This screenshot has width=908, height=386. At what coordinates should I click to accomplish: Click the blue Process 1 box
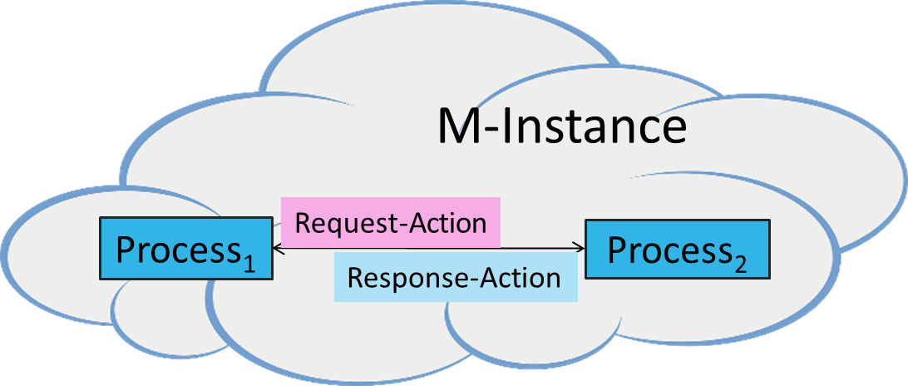pos(185,248)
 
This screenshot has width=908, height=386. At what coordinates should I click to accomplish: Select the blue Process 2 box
pos(678,248)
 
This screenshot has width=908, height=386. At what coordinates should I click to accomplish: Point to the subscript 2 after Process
pos(740,265)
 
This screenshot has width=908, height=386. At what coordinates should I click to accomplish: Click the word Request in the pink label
pos(337,223)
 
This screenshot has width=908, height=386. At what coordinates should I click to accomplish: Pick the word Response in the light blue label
pos(396,277)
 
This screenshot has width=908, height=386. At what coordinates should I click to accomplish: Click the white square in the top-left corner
pos(28,22)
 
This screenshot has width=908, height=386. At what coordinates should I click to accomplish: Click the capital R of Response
pos(354,277)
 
